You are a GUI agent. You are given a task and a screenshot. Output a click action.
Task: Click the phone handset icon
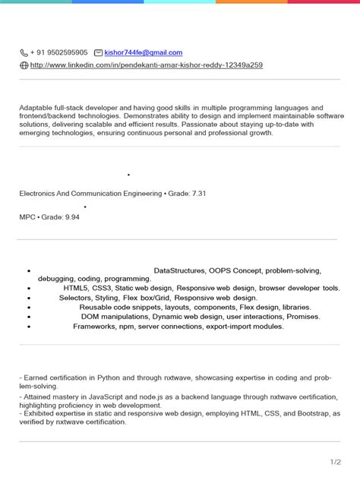coord(24,53)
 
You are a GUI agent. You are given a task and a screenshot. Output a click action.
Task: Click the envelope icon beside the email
coord(98,53)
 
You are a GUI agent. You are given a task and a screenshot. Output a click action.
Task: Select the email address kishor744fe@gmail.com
coord(144,52)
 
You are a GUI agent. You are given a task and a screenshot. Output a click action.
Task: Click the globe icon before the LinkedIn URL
coord(24,66)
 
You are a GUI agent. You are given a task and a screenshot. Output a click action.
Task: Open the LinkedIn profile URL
coord(146,65)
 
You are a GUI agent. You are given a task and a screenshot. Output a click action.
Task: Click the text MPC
coord(27,217)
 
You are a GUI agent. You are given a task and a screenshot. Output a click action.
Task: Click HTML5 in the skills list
coord(77,289)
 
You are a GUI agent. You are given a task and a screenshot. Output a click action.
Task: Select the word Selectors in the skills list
coord(74,298)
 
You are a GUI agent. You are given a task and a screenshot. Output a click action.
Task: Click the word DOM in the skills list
coord(90,317)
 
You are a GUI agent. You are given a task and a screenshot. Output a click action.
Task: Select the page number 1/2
coord(335,462)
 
